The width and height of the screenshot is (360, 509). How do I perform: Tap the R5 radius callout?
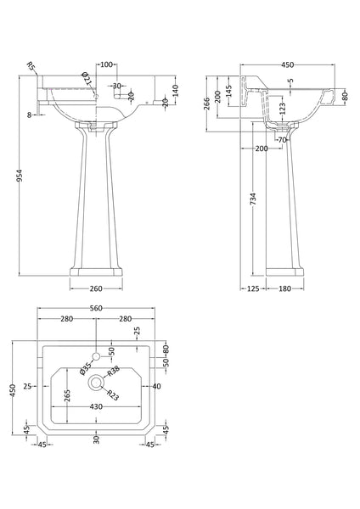click(x=31, y=66)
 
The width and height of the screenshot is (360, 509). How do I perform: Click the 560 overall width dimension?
click(x=96, y=310)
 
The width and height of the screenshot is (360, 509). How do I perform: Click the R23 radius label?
click(x=112, y=394)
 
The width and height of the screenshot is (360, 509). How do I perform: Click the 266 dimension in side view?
click(x=207, y=103)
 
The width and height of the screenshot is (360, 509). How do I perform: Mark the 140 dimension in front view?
click(x=175, y=89)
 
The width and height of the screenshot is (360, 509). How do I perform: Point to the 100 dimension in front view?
click(x=106, y=64)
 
